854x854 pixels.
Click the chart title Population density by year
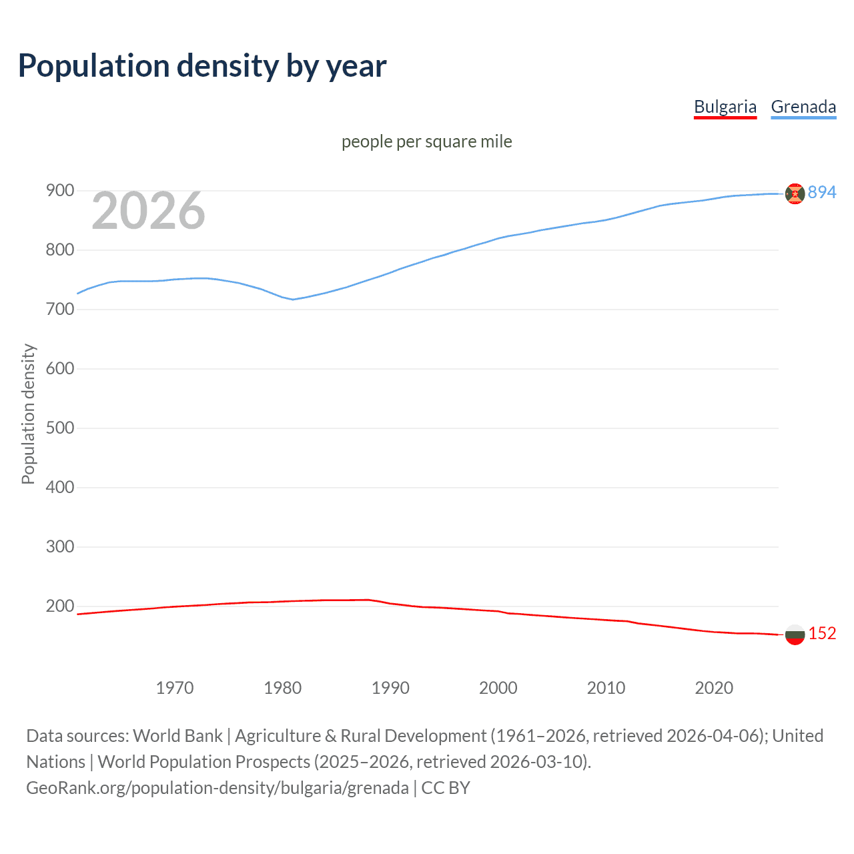[202, 66]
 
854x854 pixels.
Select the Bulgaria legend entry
[725, 107]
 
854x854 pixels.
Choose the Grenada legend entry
[803, 107]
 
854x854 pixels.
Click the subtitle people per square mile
[426, 142]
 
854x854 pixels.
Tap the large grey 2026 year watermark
[148, 211]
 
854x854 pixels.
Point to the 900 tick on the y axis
[59, 191]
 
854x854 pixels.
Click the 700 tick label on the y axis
[59, 310]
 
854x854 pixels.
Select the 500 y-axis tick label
[59, 428]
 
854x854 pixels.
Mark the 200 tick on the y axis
[59, 606]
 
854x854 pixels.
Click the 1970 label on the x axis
[175, 688]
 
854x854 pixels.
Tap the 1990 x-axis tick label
[390, 688]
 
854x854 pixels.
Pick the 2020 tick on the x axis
[714, 688]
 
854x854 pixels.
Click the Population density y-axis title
[28, 414]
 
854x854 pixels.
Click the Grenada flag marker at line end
[795, 193]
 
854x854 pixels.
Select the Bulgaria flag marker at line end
[795, 634]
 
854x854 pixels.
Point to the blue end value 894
[822, 193]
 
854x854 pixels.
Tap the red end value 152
[822, 634]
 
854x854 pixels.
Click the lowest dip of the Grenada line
[292, 300]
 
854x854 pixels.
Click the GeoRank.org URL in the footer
[217, 788]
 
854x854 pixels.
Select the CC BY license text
[446, 788]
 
